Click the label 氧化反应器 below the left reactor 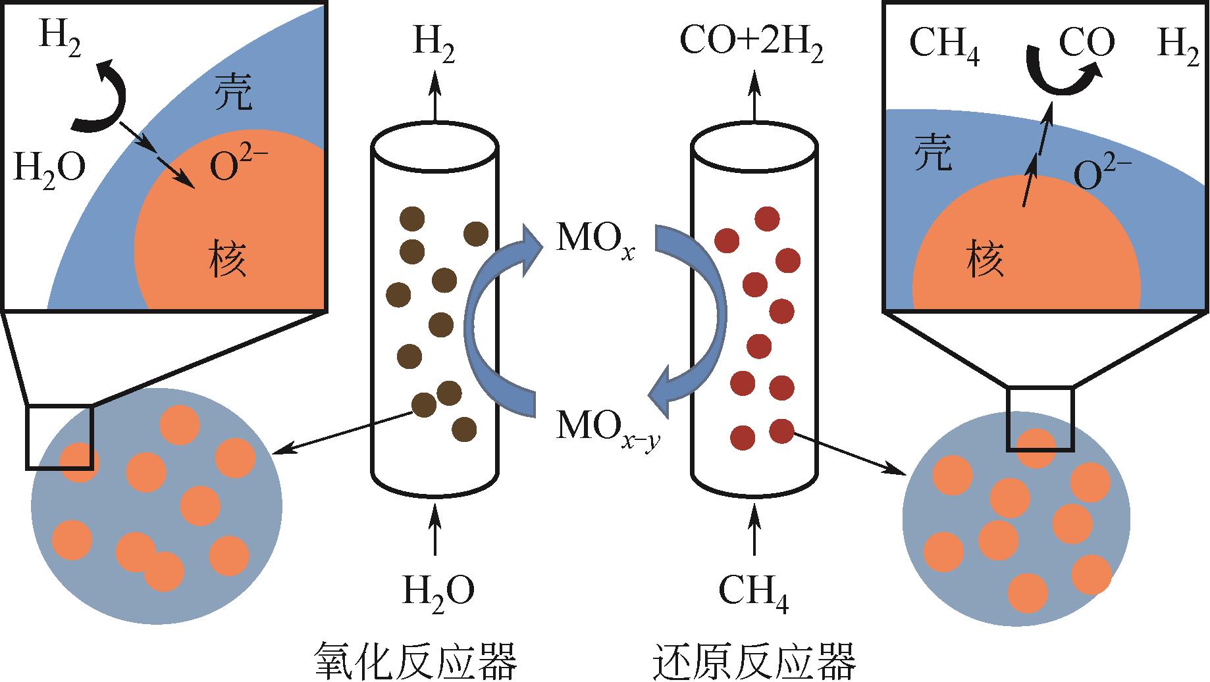415,660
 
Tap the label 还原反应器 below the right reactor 755,660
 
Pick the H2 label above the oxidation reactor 434,46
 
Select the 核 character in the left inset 228,258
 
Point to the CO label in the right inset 1086,43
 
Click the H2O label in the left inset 49,167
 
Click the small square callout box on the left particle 59,437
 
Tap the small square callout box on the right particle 1040,419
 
